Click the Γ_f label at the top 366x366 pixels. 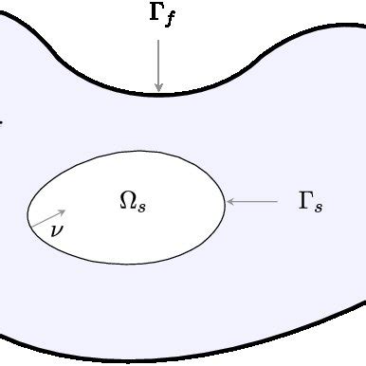point(162,18)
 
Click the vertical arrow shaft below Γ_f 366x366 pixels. point(158,62)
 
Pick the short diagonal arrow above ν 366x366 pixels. point(50,216)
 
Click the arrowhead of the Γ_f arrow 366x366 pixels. point(158,87)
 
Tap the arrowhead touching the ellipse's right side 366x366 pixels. point(230,201)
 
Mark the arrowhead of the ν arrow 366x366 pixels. point(63,211)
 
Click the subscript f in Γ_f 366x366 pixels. point(170,22)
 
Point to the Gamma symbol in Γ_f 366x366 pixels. point(156,16)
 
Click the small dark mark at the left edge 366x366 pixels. point(2,121)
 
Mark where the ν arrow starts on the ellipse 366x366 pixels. point(35,222)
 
